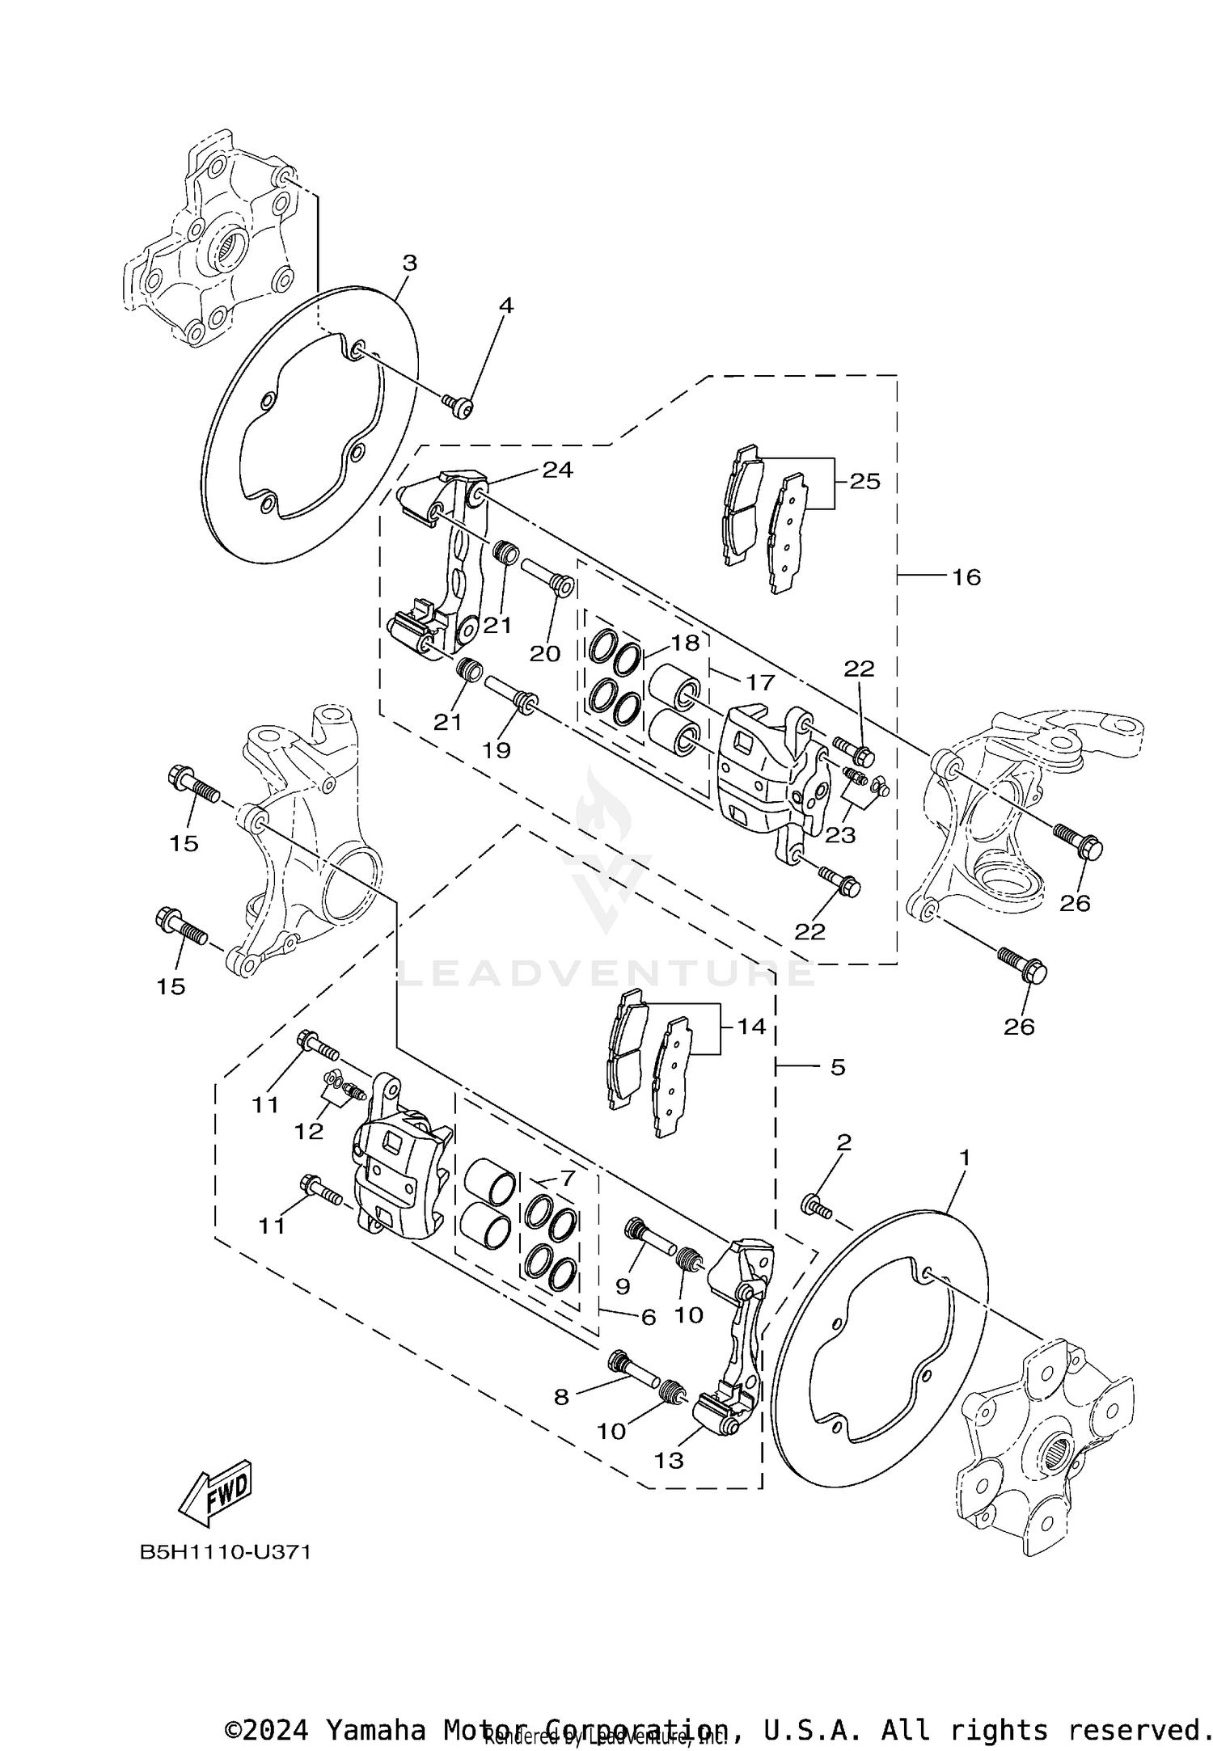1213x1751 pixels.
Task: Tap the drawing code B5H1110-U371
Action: pos(226,1553)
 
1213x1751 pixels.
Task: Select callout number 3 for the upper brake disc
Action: pos(410,263)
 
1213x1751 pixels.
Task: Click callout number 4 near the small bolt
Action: pos(506,306)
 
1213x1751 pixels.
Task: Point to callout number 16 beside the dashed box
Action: pos(966,577)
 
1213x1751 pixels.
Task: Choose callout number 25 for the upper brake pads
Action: pos(864,482)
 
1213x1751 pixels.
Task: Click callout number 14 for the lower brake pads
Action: pos(751,1027)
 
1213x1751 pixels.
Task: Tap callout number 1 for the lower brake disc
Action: pos(964,1158)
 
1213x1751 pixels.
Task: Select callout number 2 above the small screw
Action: pos(843,1142)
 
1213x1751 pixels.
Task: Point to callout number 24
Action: pos(557,470)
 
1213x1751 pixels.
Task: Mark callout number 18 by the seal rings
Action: pos(684,643)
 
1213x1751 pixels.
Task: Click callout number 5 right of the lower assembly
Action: pos(838,1067)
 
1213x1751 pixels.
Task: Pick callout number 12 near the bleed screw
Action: pos(309,1132)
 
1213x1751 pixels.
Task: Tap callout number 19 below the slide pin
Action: pos(497,751)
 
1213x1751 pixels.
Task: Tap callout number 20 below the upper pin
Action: pos(544,654)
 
